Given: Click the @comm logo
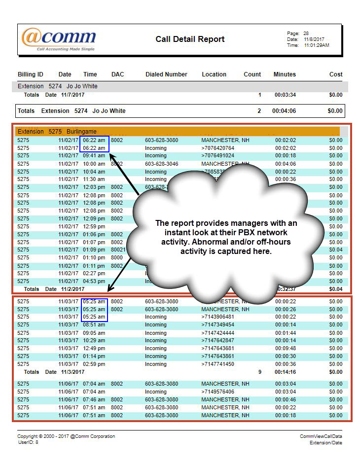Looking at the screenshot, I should click(x=58, y=38).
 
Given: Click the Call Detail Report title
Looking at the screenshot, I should click(x=190, y=39).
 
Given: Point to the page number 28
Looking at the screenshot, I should click(x=306, y=34).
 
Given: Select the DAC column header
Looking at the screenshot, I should click(x=117, y=74).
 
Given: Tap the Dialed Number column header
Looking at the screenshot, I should click(x=166, y=74).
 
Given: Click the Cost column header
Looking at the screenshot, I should click(x=336, y=74).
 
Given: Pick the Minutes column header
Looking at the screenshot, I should click(x=285, y=74).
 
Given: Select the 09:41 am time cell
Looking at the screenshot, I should click(x=94, y=155).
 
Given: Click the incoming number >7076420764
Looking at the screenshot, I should click(x=217, y=148).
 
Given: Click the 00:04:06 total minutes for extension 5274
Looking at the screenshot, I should click(x=284, y=111).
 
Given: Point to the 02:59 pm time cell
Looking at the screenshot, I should click(x=94, y=364).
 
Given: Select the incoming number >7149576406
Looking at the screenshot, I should click(x=217, y=392).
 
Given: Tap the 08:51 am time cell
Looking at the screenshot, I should click(x=94, y=324).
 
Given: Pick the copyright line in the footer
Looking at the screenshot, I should click(x=66, y=436).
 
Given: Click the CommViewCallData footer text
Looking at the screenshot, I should click(x=321, y=436).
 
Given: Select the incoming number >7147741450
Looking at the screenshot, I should click(x=217, y=364).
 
